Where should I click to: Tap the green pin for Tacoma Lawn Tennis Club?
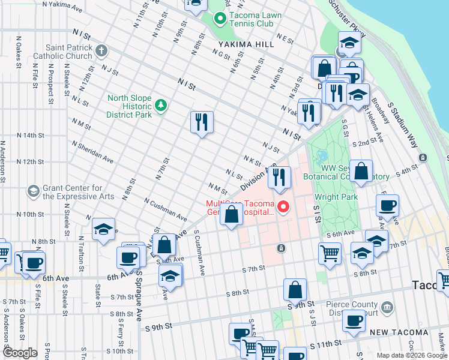(220, 19)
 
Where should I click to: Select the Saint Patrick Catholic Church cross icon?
(101, 50)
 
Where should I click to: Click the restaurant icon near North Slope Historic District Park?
(202, 122)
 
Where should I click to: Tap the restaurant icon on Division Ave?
(279, 176)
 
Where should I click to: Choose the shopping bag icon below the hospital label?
(231, 214)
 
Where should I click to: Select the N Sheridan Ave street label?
(92, 152)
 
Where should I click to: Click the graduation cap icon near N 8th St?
(103, 229)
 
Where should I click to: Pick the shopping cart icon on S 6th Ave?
(330, 253)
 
